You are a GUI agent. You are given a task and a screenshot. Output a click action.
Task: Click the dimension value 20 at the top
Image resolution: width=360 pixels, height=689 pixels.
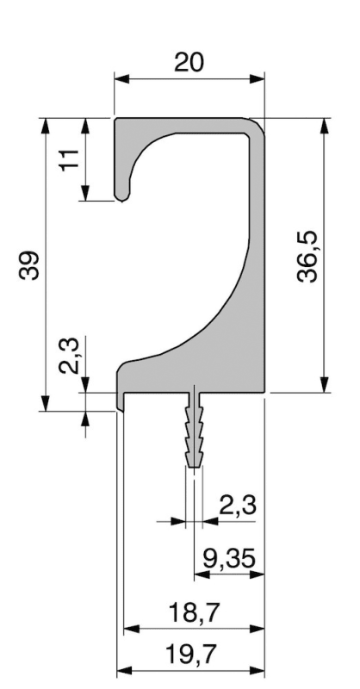coord(189,62)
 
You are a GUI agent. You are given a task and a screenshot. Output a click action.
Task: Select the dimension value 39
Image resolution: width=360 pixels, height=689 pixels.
coord(29,265)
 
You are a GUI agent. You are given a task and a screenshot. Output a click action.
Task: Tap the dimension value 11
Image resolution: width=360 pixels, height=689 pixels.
coord(70,160)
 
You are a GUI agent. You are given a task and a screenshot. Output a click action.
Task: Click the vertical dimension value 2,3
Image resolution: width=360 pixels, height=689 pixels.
coord(69,356)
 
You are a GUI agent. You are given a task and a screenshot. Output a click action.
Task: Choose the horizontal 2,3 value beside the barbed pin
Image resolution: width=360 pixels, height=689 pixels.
coord(237,505)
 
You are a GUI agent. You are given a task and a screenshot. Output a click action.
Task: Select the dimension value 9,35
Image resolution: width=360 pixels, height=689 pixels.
coord(229,558)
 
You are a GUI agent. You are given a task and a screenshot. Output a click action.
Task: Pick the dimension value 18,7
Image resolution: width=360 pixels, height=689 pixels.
coord(193,612)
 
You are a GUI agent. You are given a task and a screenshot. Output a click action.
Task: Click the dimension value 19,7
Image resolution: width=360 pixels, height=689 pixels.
coord(192,655)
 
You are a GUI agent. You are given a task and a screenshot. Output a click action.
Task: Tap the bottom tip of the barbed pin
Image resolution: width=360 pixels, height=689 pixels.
coord(194,467)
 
